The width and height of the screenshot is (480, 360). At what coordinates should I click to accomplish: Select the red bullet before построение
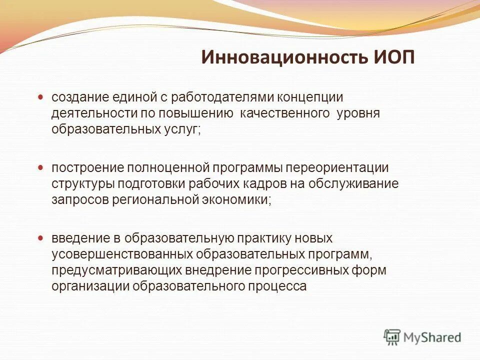point(41,166)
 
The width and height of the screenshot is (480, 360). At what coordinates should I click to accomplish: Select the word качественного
point(285,113)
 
